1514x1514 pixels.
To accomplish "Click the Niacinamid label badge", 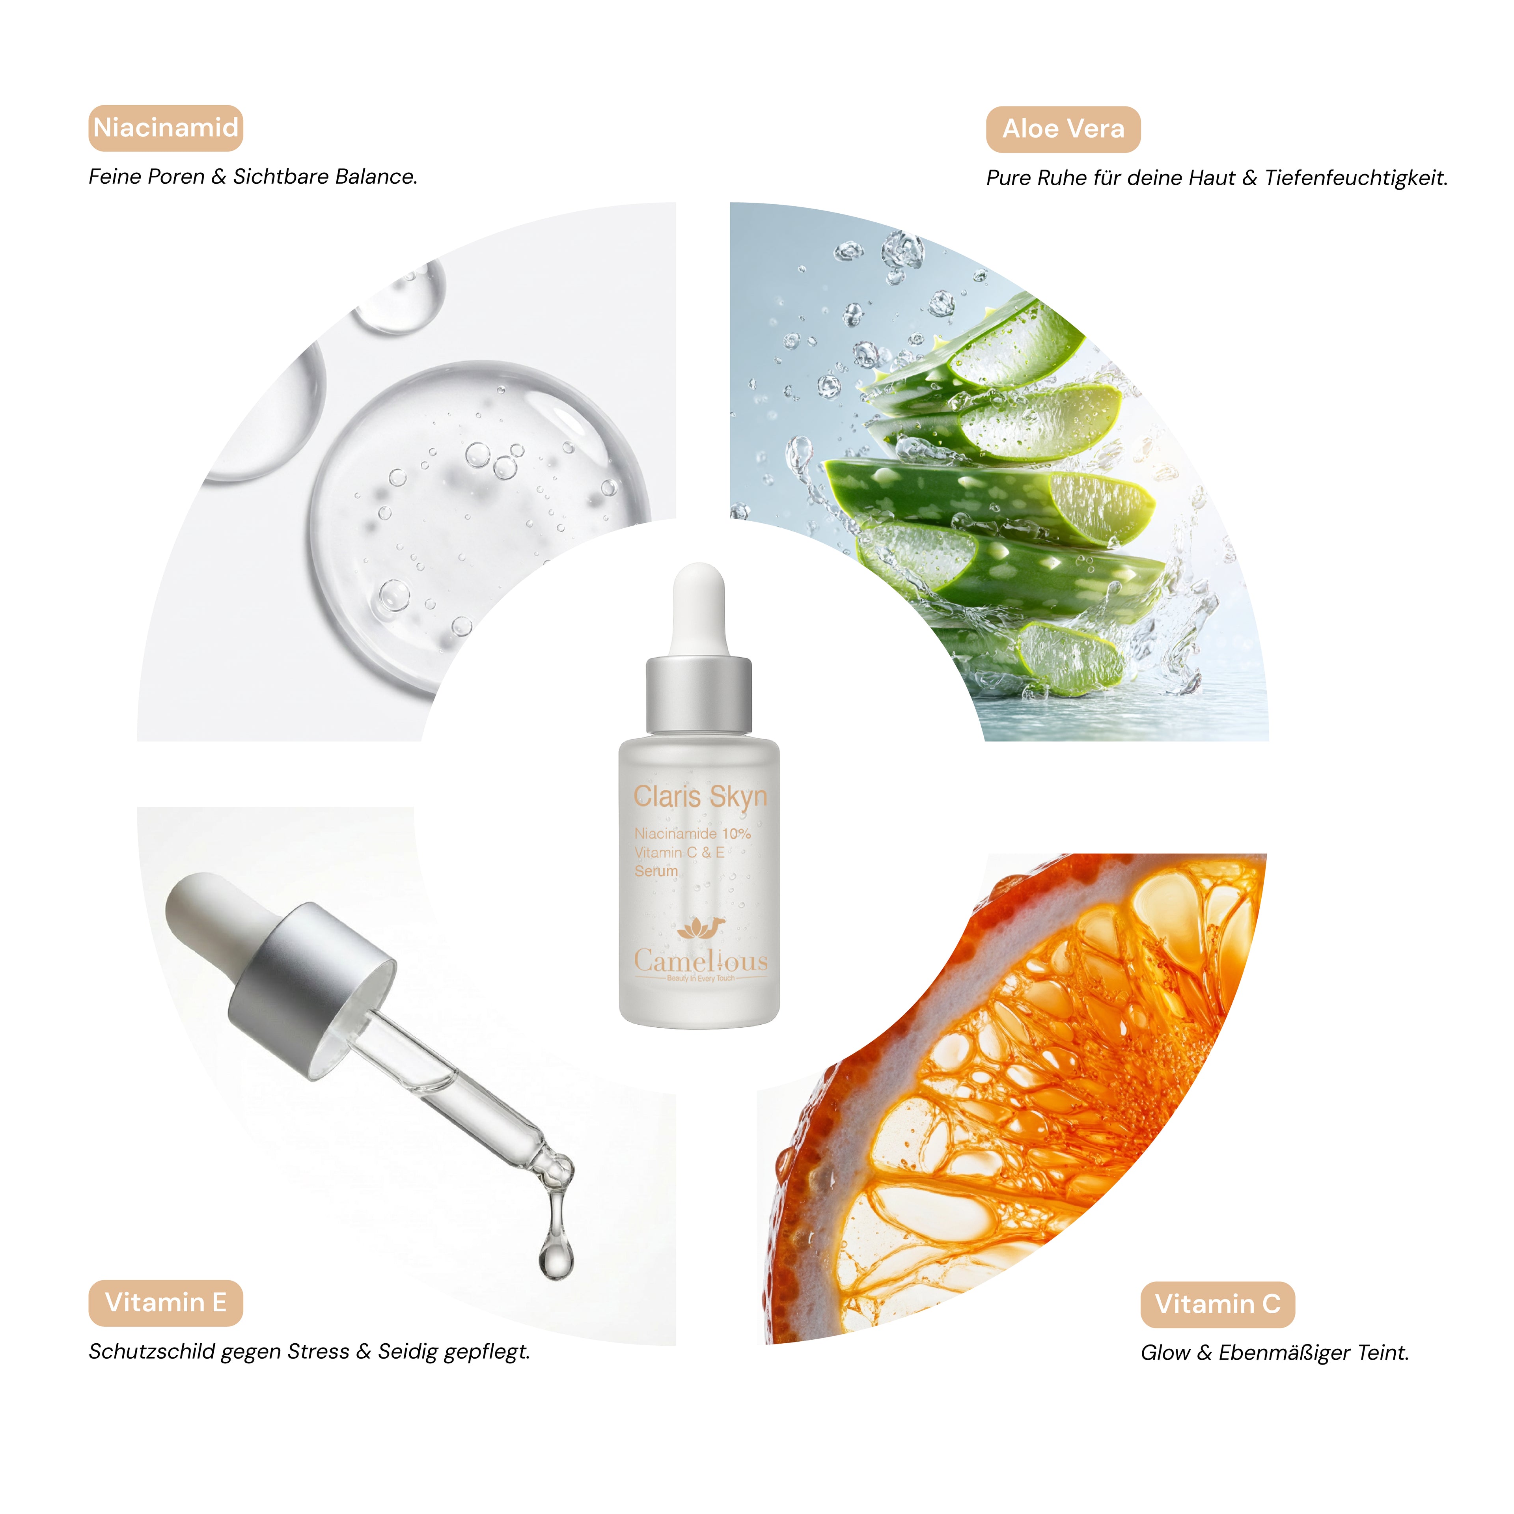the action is pyautogui.click(x=165, y=128).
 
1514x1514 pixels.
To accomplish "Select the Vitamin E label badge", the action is pyautogui.click(x=165, y=1302).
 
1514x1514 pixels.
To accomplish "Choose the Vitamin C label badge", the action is pyautogui.click(x=1217, y=1304).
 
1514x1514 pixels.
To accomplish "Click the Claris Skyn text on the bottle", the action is pyautogui.click(x=700, y=797).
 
